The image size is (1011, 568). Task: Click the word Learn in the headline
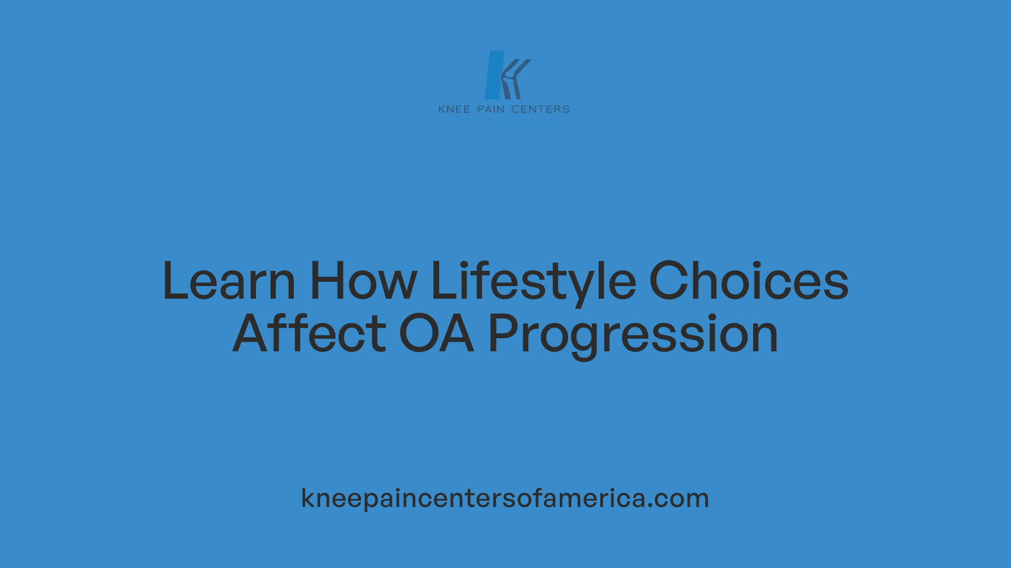point(229,281)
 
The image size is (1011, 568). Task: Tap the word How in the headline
point(363,281)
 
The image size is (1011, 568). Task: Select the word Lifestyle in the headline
point(533,281)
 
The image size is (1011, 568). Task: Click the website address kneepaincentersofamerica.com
point(505,498)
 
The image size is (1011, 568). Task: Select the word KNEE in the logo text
point(454,109)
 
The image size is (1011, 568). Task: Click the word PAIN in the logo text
point(491,109)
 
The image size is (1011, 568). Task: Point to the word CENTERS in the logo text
point(540,109)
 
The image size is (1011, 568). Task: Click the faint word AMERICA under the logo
point(520,120)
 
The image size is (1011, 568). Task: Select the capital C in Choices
point(666,281)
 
